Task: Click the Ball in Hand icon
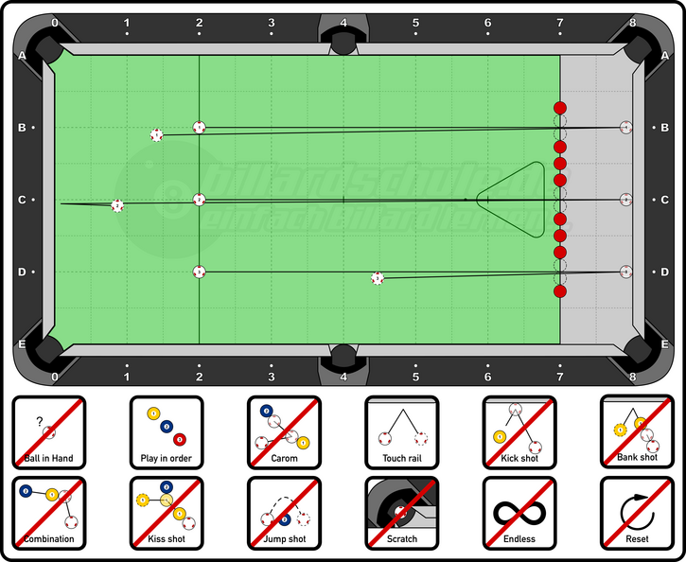(x=48, y=431)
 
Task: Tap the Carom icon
(x=284, y=431)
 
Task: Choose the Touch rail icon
(x=401, y=431)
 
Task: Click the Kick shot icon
(x=519, y=431)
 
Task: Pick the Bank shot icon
(x=637, y=431)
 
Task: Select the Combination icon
(x=48, y=513)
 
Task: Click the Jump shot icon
(x=284, y=513)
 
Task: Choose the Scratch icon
(x=401, y=513)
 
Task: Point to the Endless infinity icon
(x=519, y=513)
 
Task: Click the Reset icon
(x=637, y=513)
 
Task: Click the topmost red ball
(x=559, y=108)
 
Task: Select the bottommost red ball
(x=559, y=291)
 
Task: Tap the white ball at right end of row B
(x=625, y=127)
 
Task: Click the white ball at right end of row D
(x=625, y=272)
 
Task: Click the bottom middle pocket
(x=343, y=357)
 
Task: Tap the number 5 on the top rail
(x=415, y=22)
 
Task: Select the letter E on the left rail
(x=22, y=344)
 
